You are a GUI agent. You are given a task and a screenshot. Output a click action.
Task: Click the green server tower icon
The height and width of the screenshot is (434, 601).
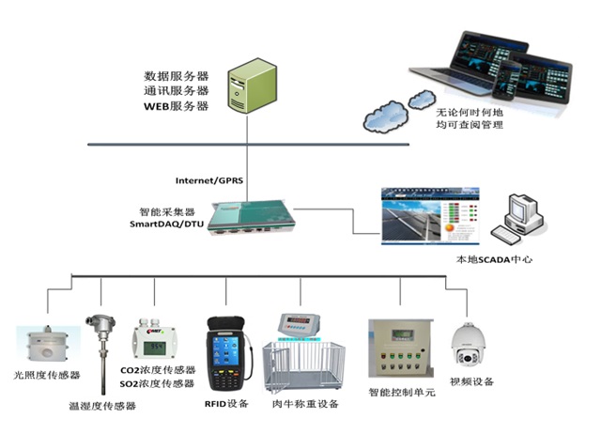[x=254, y=85]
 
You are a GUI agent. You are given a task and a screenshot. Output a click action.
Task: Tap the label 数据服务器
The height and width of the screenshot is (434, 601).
[x=176, y=75]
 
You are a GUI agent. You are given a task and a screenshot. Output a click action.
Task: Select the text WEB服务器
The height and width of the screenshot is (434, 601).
[x=176, y=106]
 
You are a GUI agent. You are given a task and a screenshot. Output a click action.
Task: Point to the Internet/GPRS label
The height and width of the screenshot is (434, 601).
[x=208, y=179]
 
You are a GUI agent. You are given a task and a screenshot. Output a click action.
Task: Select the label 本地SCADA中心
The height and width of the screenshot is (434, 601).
[x=493, y=258]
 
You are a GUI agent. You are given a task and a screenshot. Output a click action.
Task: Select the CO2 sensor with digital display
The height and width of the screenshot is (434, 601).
[x=153, y=342]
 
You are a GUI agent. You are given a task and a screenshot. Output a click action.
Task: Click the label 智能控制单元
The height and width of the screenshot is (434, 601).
[x=402, y=392]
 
